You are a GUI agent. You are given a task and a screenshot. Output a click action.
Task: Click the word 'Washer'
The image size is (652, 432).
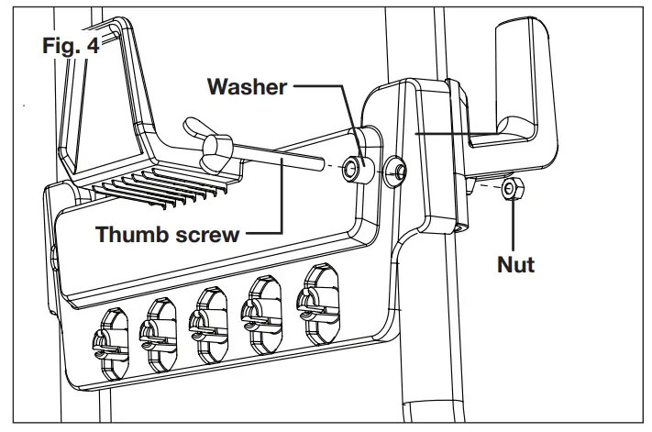(248, 88)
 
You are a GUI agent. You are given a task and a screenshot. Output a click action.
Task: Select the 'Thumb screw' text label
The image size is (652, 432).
(168, 234)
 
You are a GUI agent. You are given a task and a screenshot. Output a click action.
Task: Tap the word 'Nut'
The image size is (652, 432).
(515, 265)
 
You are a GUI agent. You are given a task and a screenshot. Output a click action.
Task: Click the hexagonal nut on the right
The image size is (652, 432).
(512, 190)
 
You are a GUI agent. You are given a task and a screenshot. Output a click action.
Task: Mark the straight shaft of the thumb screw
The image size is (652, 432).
(275, 159)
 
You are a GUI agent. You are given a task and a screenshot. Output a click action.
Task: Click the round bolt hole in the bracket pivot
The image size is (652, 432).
(397, 170)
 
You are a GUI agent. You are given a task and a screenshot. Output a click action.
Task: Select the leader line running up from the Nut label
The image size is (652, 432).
(514, 225)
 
